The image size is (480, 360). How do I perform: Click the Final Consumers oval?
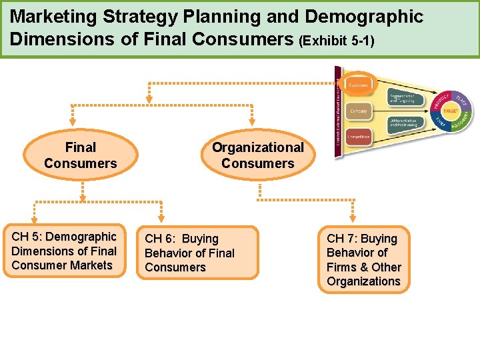(x=81, y=155)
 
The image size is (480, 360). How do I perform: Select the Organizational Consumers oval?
(x=257, y=155)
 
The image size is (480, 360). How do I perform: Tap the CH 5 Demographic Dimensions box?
(x=64, y=251)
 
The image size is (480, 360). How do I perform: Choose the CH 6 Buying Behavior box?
(x=190, y=253)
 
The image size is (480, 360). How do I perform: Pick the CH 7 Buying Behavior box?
(x=364, y=260)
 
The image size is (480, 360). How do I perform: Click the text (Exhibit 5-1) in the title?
(x=337, y=41)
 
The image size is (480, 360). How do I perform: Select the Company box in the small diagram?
(x=359, y=111)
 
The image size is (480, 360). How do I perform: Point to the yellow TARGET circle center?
(x=451, y=111)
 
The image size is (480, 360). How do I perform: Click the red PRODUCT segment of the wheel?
(x=440, y=100)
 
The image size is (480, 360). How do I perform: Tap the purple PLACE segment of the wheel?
(x=461, y=100)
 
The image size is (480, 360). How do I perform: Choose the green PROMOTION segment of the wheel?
(x=461, y=122)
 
